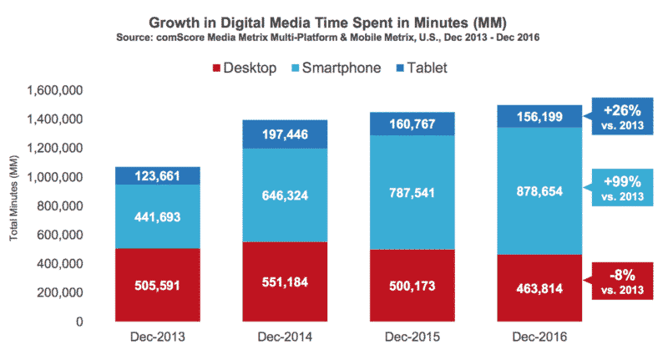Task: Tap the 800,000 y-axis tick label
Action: point(62,206)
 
